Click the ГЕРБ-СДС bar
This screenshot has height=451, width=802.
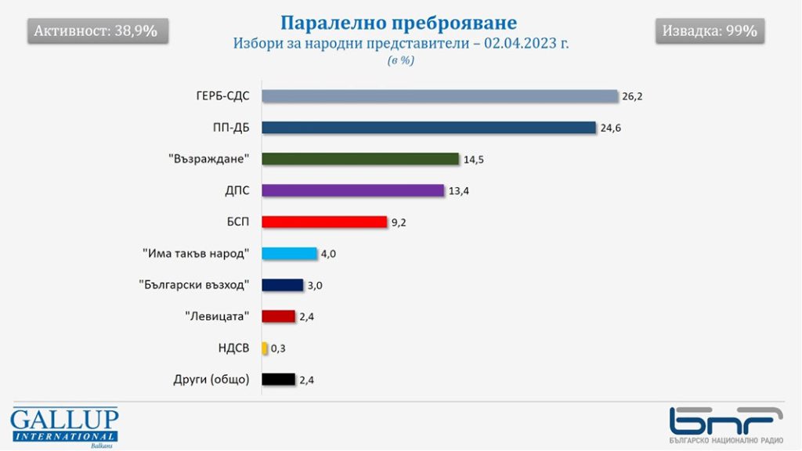[x=439, y=96]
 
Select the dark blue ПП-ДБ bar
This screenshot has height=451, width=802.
[x=428, y=128]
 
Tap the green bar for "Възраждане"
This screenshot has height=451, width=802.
[x=359, y=159]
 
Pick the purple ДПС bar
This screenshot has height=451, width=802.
[x=352, y=190]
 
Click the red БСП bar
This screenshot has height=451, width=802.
[x=324, y=222]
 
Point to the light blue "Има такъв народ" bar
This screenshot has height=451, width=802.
[x=289, y=253]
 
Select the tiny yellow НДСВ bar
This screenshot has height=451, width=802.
[x=265, y=348]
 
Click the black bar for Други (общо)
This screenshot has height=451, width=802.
[x=278, y=380]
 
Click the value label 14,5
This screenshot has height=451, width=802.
[x=472, y=159]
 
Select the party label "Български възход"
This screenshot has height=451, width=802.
[x=193, y=285]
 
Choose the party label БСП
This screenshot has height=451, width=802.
[x=237, y=222]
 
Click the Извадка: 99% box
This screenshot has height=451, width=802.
[x=710, y=31]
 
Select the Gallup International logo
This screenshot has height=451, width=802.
[x=64, y=426]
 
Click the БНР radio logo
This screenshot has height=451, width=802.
[x=726, y=425]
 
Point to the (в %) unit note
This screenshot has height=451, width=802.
[x=400, y=61]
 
